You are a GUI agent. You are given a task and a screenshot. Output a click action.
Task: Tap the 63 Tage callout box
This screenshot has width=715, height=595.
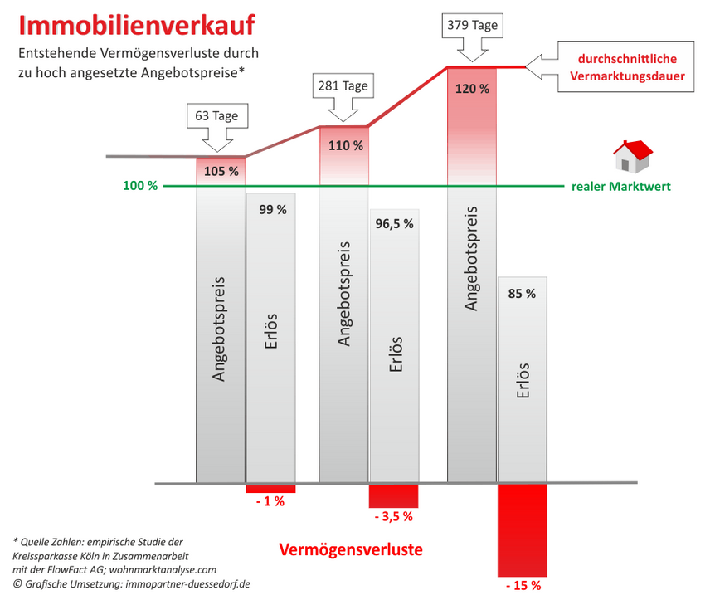click(x=216, y=116)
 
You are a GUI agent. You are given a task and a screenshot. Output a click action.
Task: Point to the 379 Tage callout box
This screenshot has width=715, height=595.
click(x=472, y=26)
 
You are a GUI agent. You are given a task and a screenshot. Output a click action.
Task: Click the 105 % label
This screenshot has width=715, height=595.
click(x=221, y=172)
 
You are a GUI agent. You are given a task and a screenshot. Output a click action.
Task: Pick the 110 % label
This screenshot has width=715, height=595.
click(x=346, y=145)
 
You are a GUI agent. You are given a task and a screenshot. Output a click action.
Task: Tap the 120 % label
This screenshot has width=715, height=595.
click(x=472, y=89)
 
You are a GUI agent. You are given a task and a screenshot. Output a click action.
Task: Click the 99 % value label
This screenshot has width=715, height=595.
click(x=272, y=210)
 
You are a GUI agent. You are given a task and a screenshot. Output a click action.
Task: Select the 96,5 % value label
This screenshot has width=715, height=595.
click(x=394, y=223)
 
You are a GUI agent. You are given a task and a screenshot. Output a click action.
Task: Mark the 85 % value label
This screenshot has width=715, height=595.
click(x=522, y=293)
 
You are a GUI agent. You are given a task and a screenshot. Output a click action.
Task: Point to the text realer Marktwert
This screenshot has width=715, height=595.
click(x=621, y=187)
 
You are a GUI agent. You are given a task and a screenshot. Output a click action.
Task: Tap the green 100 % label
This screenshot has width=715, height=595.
click(x=140, y=186)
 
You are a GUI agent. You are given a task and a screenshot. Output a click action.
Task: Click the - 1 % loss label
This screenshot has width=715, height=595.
click(x=270, y=501)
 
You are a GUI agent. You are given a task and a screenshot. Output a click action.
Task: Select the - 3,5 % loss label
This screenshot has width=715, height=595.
click(x=393, y=516)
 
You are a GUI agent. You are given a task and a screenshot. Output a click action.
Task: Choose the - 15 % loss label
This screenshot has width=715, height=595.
click(x=522, y=585)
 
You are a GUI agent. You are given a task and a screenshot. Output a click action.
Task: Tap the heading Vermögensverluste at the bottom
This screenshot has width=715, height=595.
click(x=350, y=549)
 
